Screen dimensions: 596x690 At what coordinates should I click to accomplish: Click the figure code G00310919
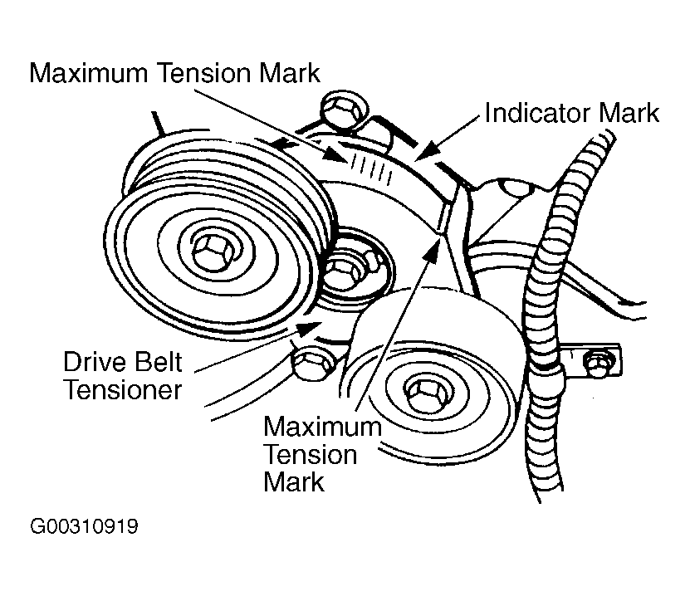point(84,527)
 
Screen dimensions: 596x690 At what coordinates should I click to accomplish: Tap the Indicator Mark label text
point(572,113)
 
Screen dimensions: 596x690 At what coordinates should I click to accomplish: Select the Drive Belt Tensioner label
point(122,376)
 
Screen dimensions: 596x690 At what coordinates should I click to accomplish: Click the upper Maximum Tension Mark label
point(174,73)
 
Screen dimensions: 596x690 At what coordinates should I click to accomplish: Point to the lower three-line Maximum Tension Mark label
point(322,455)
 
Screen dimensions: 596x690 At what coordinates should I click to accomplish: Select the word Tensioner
point(122,389)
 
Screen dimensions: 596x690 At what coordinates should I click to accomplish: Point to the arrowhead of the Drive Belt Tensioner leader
point(314,325)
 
